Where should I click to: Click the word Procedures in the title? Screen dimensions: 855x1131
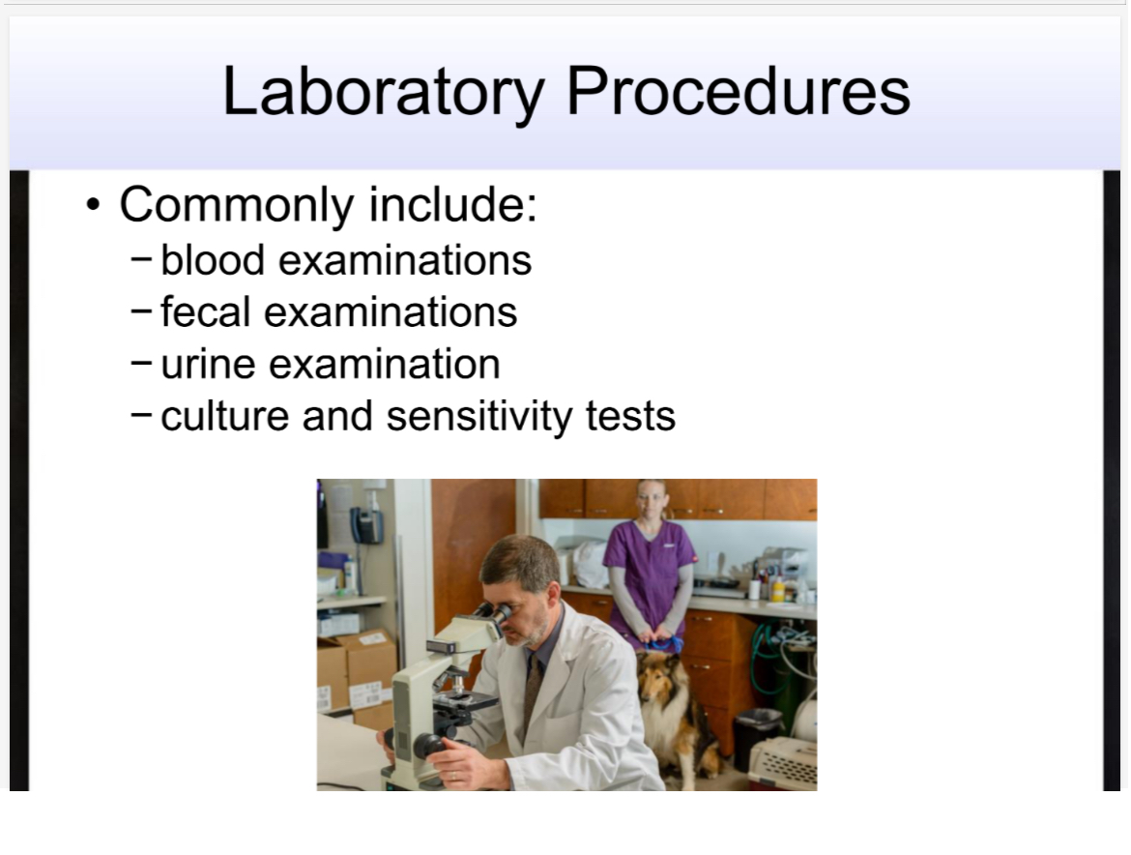(x=738, y=92)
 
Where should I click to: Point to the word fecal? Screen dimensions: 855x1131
(x=205, y=312)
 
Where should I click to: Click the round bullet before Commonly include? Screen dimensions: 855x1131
(x=92, y=206)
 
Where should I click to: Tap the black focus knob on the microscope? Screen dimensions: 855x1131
(x=426, y=745)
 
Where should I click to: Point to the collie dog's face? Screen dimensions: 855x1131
(x=657, y=678)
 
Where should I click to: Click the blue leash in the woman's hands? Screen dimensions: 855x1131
(x=664, y=644)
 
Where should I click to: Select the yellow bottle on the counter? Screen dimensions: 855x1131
(x=778, y=589)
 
